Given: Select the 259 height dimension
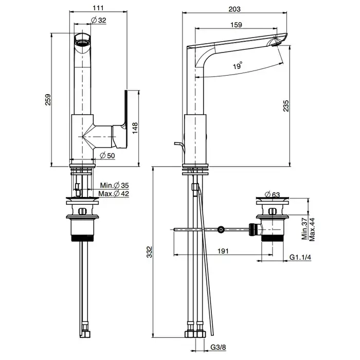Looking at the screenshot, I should click(x=48, y=99).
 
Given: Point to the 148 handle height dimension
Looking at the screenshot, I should click(x=135, y=128).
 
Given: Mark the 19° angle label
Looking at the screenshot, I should click(x=237, y=66).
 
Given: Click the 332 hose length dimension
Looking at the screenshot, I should click(x=150, y=251).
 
